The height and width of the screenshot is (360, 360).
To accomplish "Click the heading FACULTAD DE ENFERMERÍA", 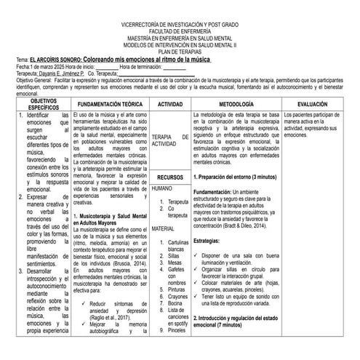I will pos(179,33).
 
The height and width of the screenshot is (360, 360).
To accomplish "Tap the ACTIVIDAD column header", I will pos(170,105).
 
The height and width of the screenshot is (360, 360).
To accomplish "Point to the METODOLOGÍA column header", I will pos(246,105).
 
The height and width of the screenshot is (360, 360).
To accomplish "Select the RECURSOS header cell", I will pos(170,177).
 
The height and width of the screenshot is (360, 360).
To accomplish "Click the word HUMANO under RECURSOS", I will pos(163,188).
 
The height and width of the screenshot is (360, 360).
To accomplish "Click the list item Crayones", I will pos(177,297).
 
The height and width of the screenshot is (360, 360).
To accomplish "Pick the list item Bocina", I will pos(175,303).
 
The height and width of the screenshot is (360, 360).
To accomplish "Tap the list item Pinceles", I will pos(177,331).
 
